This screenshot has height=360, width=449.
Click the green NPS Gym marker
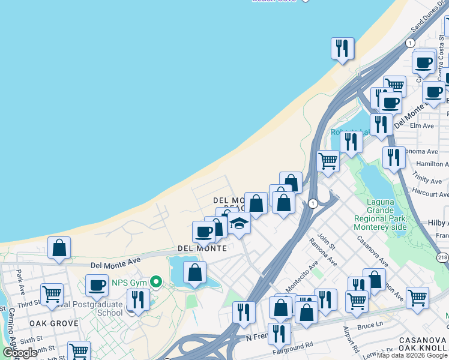[x=157, y=281]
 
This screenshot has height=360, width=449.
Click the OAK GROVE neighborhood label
[x=54, y=323]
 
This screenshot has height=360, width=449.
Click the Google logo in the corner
[x=20, y=353]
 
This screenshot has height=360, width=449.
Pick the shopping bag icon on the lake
[x=194, y=272]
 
